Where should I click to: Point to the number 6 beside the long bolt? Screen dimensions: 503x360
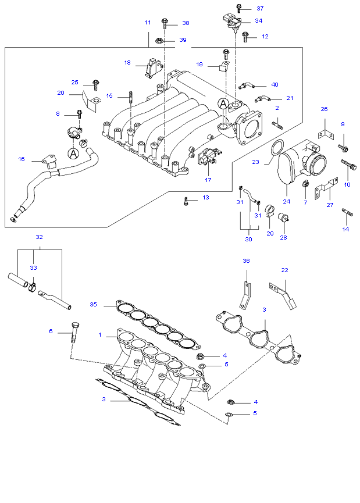click(51, 331)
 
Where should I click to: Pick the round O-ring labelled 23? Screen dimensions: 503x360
click(278, 149)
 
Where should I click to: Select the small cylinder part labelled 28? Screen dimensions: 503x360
click(284, 218)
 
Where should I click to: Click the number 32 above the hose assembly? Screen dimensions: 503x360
click(39, 237)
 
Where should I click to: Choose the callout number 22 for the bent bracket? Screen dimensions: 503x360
click(284, 270)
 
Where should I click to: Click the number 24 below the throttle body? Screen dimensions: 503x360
click(286, 202)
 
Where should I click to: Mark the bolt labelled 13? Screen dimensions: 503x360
click(186, 202)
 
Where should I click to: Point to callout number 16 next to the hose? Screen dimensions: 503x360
click(22, 159)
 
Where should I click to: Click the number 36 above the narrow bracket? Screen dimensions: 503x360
click(245, 261)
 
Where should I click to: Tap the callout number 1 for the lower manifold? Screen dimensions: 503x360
click(99, 335)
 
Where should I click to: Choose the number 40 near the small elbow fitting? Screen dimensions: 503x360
click(275, 84)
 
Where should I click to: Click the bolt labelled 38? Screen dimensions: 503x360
click(165, 23)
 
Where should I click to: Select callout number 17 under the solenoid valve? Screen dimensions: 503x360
click(208, 180)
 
